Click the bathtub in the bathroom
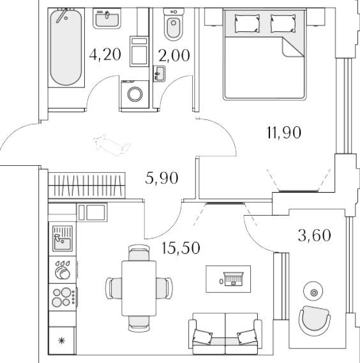pyautogui.click(x=66, y=47)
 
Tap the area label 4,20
pyautogui.click(x=105, y=55)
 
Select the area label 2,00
pyautogui.click(x=174, y=56)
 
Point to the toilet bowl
pyautogui.click(x=174, y=24)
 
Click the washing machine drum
pyautogui.click(x=135, y=94)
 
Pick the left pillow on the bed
pyautogui.click(x=247, y=24)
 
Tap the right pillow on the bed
pyautogui.click(x=283, y=24)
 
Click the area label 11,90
pyautogui.click(x=284, y=133)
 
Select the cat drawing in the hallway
pyautogui.click(x=112, y=145)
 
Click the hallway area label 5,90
pyautogui.click(x=161, y=178)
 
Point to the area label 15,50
pyautogui.click(x=181, y=248)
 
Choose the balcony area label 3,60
pyautogui.click(x=315, y=235)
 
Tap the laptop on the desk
pyautogui.click(x=234, y=279)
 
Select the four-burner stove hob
pyautogui.click(x=63, y=297)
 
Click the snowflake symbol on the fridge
pyautogui.click(x=62, y=340)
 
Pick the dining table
pyautogui.click(x=139, y=288)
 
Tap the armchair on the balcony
pyautogui.click(x=314, y=321)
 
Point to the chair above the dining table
pyautogui.click(x=139, y=253)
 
